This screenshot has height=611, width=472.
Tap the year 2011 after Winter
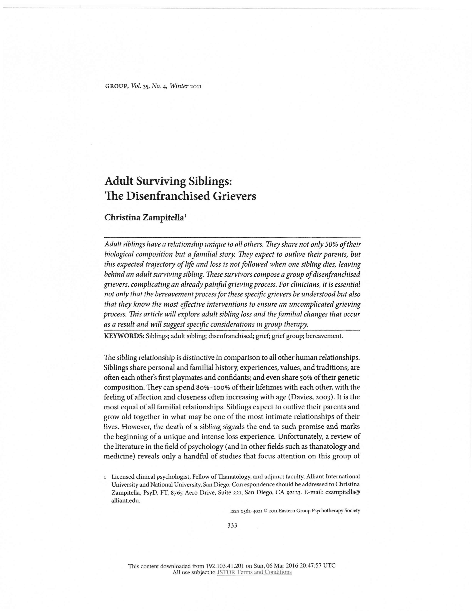pyautogui.click(x=195, y=86)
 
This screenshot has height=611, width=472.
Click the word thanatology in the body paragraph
pyautogui.click(x=326, y=447)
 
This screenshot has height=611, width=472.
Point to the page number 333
pyautogui.click(x=232, y=525)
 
